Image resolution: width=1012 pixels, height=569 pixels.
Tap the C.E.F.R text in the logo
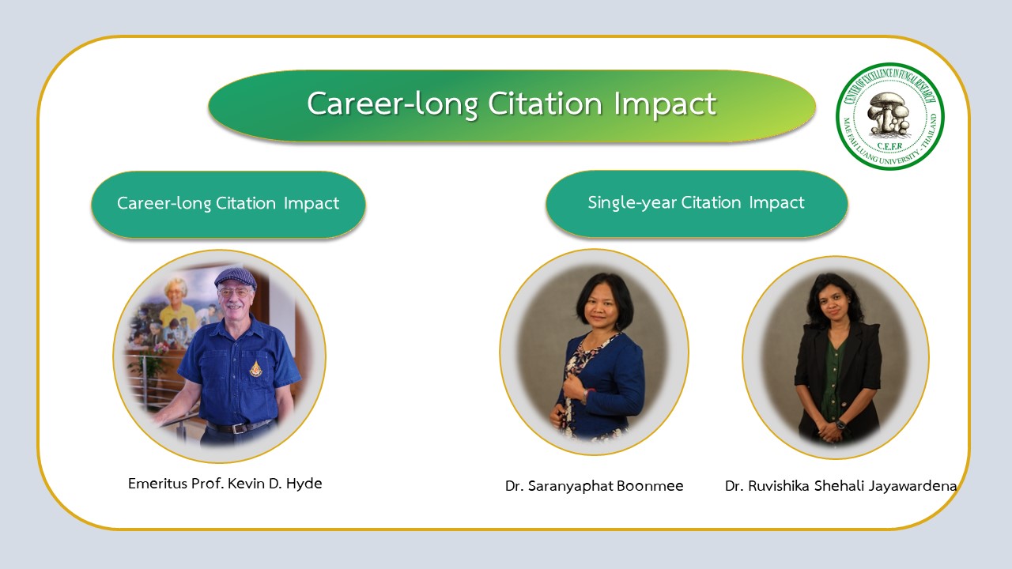[889, 146]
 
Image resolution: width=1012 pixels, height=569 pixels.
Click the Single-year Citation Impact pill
[697, 204]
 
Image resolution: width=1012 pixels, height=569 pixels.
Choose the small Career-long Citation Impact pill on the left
[228, 205]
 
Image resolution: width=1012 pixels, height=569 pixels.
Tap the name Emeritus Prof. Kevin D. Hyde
[225, 484]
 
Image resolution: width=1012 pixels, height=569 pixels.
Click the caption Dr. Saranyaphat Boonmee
[594, 486]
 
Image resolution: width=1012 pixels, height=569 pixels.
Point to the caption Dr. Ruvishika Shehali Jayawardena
[840, 486]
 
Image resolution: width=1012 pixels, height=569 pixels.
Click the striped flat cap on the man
[236, 277]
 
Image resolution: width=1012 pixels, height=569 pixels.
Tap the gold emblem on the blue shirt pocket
[255, 368]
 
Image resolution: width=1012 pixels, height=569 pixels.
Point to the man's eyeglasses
[234, 292]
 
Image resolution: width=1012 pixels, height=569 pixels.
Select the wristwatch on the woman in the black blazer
[840, 424]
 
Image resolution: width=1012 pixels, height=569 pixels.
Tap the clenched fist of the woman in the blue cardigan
[574, 386]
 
